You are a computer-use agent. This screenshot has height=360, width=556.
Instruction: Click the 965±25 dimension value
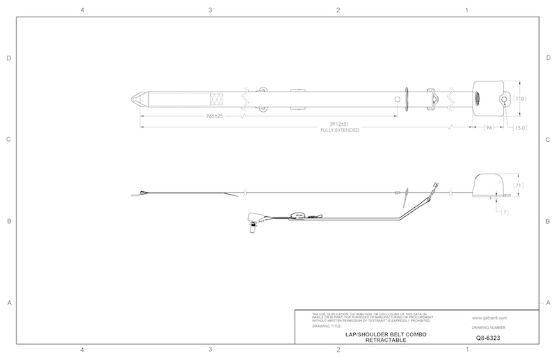tap(213, 115)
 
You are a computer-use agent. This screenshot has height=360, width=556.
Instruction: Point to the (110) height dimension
tap(521, 99)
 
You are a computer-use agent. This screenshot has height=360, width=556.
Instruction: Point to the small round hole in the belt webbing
tap(397, 99)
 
